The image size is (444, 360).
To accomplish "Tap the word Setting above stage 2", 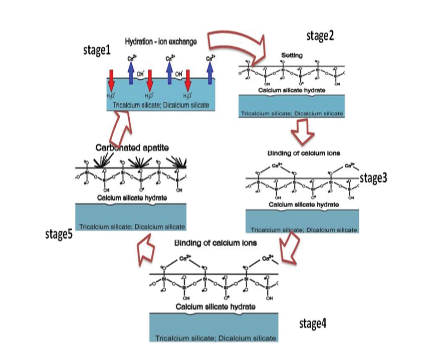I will (292, 55).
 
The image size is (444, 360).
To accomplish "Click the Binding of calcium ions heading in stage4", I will (215, 243).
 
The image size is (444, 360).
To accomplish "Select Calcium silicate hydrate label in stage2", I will (292, 90).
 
